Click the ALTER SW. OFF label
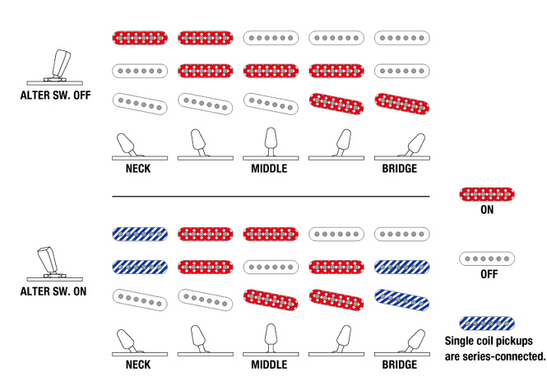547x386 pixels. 55,95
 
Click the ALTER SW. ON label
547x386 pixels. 53,291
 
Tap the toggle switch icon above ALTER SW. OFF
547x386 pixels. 55,67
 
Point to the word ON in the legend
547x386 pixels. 487,210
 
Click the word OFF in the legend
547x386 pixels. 489,274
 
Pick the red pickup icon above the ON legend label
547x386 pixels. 487,194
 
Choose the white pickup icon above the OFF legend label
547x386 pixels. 487,259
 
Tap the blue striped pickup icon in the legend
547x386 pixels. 487,323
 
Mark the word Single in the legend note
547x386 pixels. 457,341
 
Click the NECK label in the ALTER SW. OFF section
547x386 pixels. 138,169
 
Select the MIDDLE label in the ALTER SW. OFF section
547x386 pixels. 269,169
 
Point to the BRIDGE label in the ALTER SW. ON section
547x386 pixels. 400,365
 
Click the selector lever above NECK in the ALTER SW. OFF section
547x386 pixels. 127,145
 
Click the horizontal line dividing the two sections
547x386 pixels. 271,197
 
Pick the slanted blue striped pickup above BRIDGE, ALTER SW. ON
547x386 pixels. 402,300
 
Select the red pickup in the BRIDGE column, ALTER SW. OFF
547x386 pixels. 402,104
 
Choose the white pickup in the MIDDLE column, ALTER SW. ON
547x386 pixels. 271,267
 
